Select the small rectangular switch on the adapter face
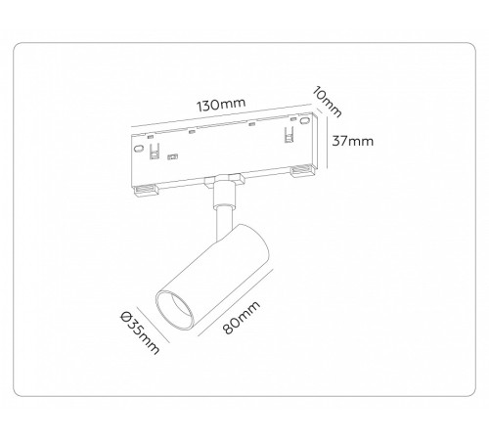[173, 156]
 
